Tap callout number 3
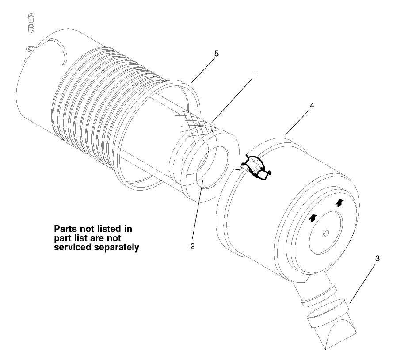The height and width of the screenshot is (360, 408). [376, 259]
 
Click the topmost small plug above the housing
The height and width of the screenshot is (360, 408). [31, 18]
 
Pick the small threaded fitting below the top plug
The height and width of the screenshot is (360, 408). [31, 29]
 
